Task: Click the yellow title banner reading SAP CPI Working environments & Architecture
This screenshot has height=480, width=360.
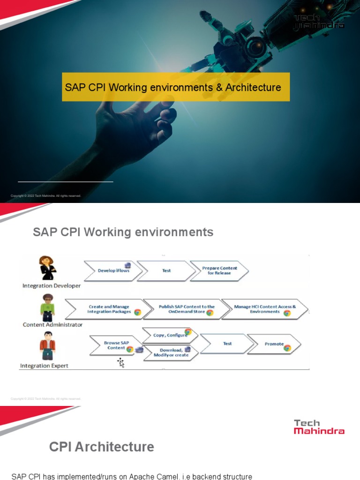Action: (x=176, y=87)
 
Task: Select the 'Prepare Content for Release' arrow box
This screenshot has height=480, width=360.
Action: (x=219, y=270)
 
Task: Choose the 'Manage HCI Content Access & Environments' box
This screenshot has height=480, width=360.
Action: (x=264, y=309)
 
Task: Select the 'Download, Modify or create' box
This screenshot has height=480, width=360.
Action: (x=171, y=352)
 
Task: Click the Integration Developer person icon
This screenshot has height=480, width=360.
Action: (x=47, y=268)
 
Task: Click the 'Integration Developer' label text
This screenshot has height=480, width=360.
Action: (x=52, y=285)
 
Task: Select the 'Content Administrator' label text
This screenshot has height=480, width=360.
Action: (x=52, y=324)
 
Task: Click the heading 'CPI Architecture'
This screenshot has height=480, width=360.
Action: (x=101, y=447)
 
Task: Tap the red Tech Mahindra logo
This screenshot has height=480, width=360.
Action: (x=319, y=427)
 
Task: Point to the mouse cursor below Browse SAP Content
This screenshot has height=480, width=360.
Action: (x=121, y=362)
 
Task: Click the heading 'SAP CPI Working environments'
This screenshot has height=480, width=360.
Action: (x=123, y=232)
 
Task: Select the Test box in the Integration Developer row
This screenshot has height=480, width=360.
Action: (x=166, y=270)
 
